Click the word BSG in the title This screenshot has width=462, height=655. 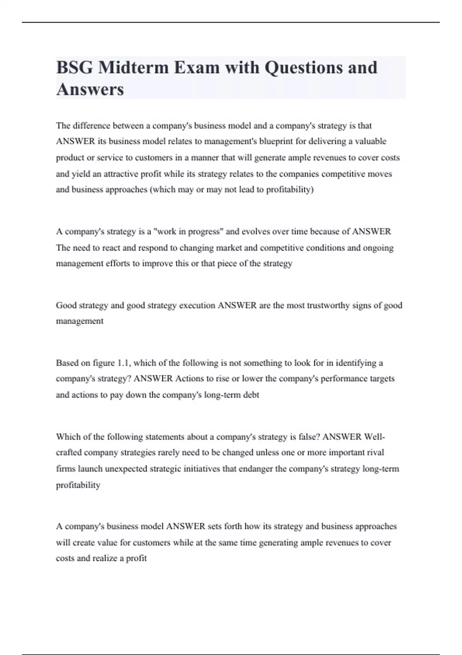pos(74,67)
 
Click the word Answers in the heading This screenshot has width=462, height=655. pos(90,89)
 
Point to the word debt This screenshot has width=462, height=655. pos(251,395)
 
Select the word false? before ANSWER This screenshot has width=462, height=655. pos(308,437)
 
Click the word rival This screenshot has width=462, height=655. pos(376,453)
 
